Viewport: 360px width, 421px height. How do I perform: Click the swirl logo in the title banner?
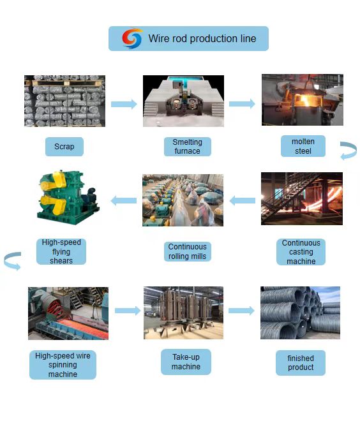[x=132, y=38]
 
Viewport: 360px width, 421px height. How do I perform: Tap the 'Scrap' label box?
[x=64, y=147]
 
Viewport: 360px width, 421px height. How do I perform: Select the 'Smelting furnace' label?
[x=188, y=147]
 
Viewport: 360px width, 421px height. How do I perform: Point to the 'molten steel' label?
[x=303, y=146]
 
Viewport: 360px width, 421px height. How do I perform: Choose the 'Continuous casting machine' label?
[x=301, y=252]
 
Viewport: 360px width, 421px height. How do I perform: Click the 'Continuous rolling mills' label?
[x=188, y=251]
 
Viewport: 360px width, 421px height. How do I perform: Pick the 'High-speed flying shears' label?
[x=61, y=251]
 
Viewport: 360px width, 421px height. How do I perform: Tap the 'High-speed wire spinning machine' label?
[x=63, y=365]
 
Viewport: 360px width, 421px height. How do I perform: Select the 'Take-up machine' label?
[x=186, y=362]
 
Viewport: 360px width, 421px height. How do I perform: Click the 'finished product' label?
[x=301, y=363]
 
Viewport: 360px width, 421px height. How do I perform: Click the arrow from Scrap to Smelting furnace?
[x=124, y=104]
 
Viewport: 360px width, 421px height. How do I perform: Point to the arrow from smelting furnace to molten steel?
[x=242, y=103]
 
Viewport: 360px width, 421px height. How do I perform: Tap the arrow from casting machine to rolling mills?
[x=243, y=200]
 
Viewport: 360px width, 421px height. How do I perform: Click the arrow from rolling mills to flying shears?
[x=124, y=200]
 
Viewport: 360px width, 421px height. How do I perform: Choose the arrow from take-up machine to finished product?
[x=241, y=311]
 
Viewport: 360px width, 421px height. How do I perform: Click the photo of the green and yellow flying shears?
[x=68, y=198]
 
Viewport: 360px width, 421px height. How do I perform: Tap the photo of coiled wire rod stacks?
[x=300, y=313]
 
